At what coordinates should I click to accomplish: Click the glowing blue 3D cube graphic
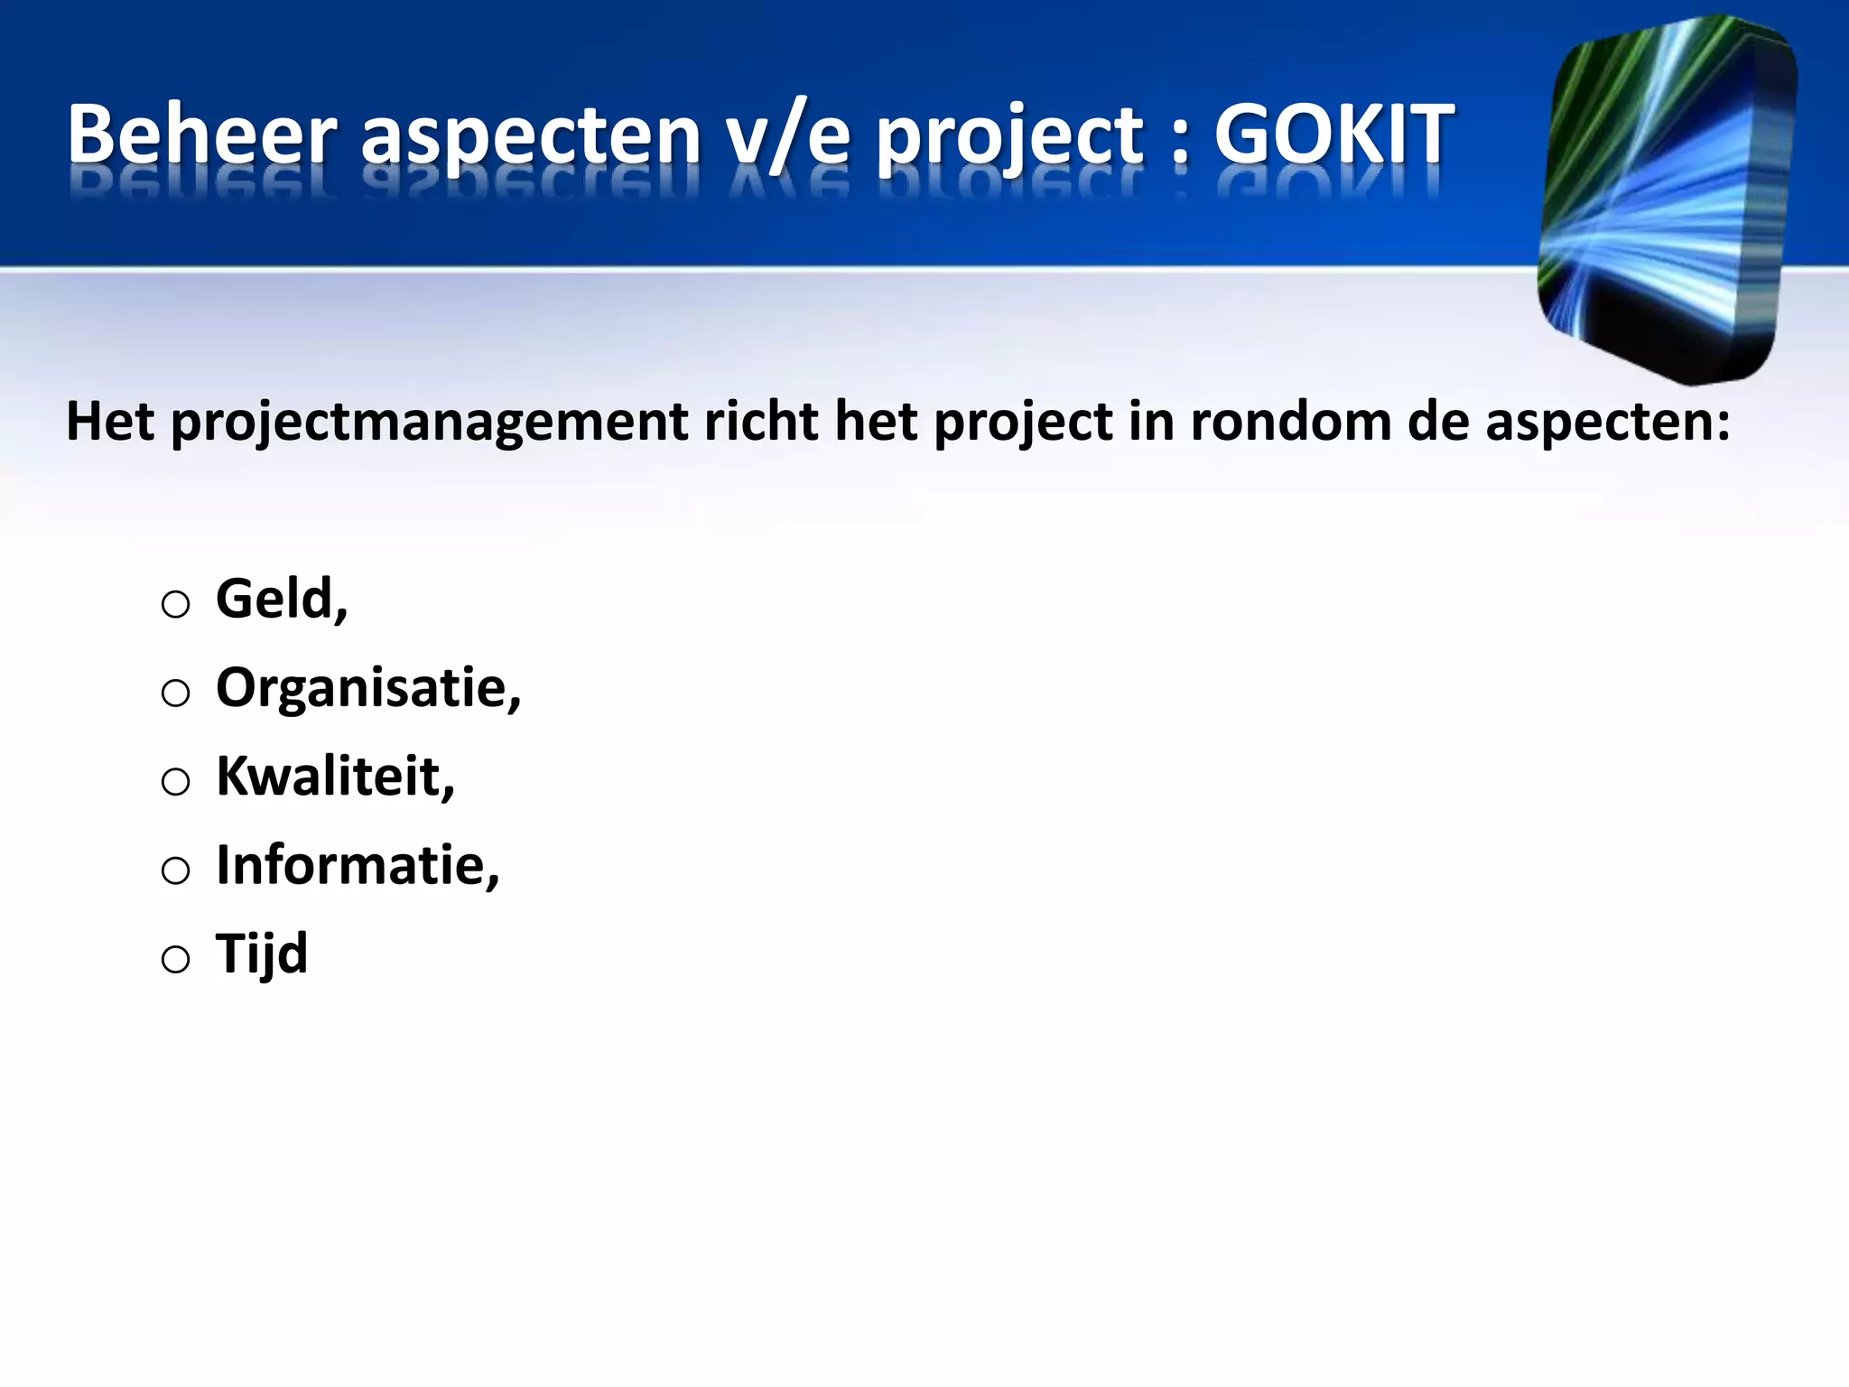tap(1667, 199)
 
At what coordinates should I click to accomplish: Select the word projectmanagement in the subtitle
tap(428, 423)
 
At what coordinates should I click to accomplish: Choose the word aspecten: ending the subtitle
tap(1607, 423)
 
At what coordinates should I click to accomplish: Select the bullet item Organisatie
tap(367, 688)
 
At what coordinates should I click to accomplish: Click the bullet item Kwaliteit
tap(334, 776)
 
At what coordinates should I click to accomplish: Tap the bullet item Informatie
tap(357, 865)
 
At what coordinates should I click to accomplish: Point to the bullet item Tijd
tap(262, 954)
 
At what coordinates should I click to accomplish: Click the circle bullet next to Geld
tap(175, 604)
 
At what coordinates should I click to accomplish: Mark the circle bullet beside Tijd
tap(175, 959)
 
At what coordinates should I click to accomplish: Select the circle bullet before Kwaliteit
tap(175, 781)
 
